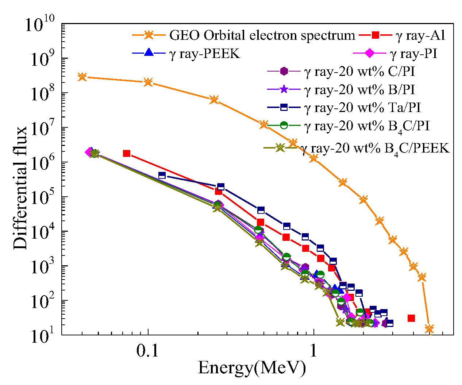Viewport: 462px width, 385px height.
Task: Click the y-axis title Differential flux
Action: (x=20, y=188)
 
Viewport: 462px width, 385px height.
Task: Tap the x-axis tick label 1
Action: (x=313, y=351)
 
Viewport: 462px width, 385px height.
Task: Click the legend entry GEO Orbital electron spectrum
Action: (x=262, y=35)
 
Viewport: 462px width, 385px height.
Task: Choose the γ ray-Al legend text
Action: (x=420, y=35)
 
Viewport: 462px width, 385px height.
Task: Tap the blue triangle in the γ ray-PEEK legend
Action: (x=149, y=53)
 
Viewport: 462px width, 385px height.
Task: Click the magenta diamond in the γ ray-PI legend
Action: (x=369, y=53)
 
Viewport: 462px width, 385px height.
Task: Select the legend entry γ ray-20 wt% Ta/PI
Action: (x=362, y=108)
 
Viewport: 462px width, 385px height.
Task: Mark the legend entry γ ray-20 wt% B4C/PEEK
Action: (x=375, y=148)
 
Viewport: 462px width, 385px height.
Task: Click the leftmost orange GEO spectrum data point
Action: (x=82, y=77)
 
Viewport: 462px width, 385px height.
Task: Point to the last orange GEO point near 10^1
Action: (x=429, y=329)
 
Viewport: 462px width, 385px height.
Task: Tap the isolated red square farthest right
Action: (x=411, y=318)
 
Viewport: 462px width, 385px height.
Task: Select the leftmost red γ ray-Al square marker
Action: (x=127, y=153)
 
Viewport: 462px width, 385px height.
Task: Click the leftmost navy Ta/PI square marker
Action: (x=162, y=176)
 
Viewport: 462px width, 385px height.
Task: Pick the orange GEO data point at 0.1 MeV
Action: (x=148, y=82)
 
